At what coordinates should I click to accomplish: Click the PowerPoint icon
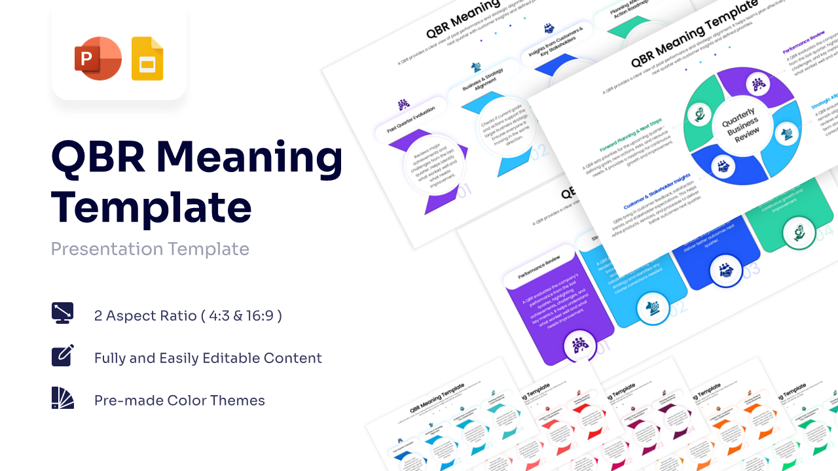pyautogui.click(x=98, y=59)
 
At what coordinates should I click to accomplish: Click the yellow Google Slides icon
pyautogui.click(x=147, y=60)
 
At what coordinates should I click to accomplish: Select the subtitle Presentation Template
pyautogui.click(x=150, y=249)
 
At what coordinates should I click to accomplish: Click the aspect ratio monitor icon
pyautogui.click(x=63, y=313)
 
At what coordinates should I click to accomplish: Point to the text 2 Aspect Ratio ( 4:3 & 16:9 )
pyautogui.click(x=188, y=316)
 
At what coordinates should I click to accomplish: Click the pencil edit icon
pyautogui.click(x=63, y=355)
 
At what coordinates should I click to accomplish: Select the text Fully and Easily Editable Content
pyautogui.click(x=208, y=358)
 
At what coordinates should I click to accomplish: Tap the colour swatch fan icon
pyautogui.click(x=63, y=398)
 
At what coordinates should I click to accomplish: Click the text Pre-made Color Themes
pyautogui.click(x=179, y=400)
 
